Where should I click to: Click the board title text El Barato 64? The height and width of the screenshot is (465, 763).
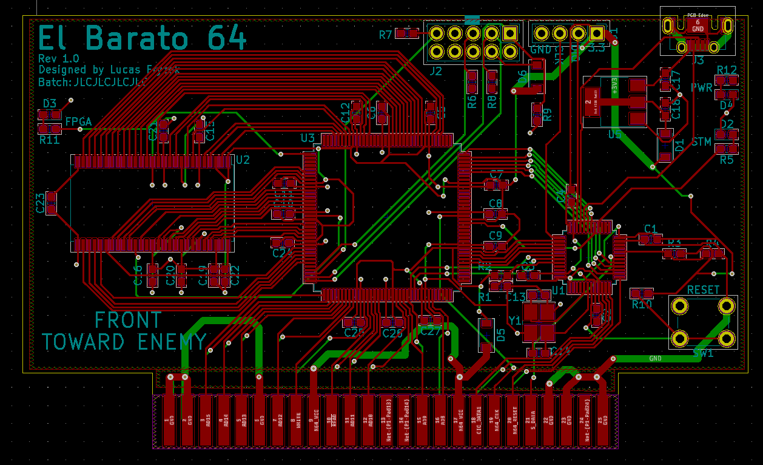coord(143,38)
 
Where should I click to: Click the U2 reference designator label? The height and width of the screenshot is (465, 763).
coord(243,160)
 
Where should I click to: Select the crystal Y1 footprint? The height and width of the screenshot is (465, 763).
coord(539,322)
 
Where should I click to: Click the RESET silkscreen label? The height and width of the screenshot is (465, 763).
coord(703,290)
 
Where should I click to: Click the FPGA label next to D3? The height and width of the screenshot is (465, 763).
coord(78,122)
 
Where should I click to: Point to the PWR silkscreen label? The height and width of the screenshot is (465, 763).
coord(702,88)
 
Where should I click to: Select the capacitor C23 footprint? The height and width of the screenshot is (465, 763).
coord(52,203)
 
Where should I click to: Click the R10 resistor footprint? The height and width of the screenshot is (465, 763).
coord(642,293)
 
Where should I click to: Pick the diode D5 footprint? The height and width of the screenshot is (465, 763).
coord(486,334)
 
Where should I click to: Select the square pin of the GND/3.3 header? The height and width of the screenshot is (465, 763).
coord(597,33)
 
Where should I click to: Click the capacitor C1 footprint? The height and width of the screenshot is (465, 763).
coord(650,239)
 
